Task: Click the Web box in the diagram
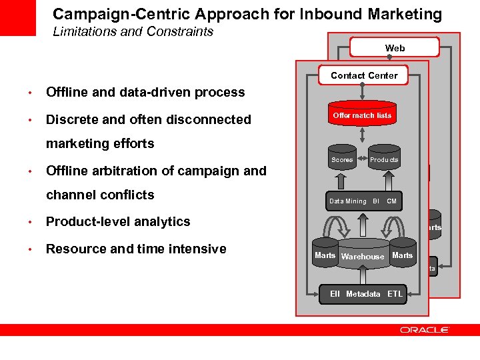pyautogui.click(x=395, y=47)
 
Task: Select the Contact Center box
pyautogui.click(x=363, y=75)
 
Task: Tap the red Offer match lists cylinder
pyautogui.click(x=362, y=115)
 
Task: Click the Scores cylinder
pyautogui.click(x=342, y=159)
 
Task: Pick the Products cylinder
pyautogui.click(x=384, y=159)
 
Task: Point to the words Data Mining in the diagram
pyautogui.click(x=347, y=201)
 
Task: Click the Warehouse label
pyautogui.click(x=363, y=257)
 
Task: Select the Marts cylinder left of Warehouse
pyautogui.click(x=325, y=255)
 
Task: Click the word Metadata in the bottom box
pyautogui.click(x=363, y=294)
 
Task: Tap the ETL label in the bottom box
pyautogui.click(x=395, y=294)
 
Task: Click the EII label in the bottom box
pyautogui.click(x=335, y=294)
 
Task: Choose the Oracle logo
pyautogui.click(x=425, y=330)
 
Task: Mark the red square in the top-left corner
pyautogui.click(x=17, y=17)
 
